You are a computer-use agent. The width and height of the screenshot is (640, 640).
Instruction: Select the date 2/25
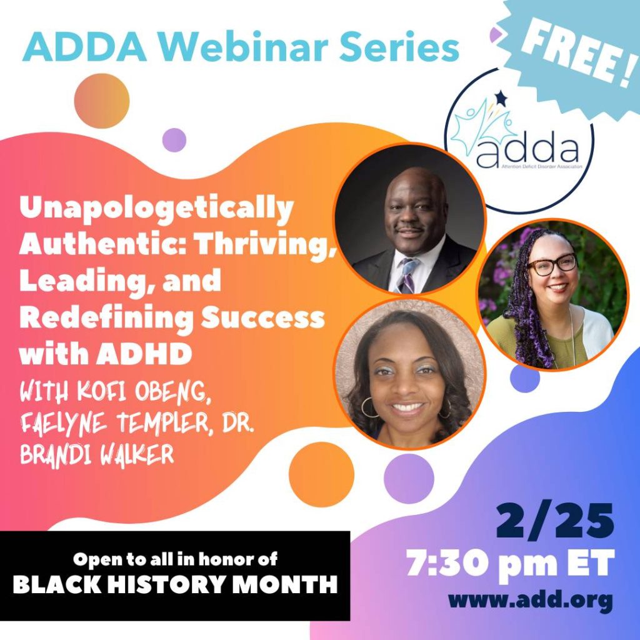[x=555, y=521]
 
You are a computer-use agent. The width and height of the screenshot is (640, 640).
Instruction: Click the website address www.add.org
[x=531, y=600]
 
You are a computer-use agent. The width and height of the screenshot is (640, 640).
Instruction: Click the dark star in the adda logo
[x=501, y=98]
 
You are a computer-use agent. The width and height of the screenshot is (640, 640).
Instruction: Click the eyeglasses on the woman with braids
[x=552, y=264]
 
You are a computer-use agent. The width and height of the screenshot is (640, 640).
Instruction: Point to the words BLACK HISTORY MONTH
[x=176, y=584]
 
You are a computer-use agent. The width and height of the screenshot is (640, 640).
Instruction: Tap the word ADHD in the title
[x=144, y=354]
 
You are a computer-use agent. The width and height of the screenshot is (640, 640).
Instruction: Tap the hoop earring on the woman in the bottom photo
[x=369, y=407]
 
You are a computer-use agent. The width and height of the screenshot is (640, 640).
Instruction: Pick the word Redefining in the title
[x=106, y=318]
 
